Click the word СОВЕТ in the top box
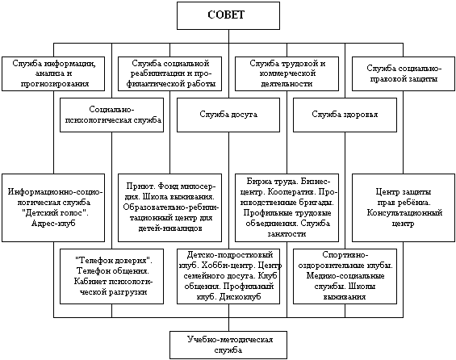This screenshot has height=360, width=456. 226,15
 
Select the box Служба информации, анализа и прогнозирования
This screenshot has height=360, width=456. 53,74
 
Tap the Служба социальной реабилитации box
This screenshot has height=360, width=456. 169,74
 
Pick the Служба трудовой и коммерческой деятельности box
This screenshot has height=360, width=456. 287,74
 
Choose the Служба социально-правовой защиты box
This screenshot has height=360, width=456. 404,74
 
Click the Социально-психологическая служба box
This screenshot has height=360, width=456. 111,115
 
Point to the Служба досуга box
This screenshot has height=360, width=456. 228,115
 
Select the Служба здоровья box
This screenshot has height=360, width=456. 345,115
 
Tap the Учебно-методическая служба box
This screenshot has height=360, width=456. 228,345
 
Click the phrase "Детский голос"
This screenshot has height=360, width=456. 55,213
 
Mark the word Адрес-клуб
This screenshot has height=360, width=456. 53,224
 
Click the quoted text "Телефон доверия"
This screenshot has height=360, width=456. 114,260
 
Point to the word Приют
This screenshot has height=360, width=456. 137,186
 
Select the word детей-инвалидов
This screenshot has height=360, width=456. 170,228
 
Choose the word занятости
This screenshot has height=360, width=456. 287,234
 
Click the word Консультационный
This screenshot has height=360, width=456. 404,213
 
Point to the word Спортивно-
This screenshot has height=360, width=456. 345,255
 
